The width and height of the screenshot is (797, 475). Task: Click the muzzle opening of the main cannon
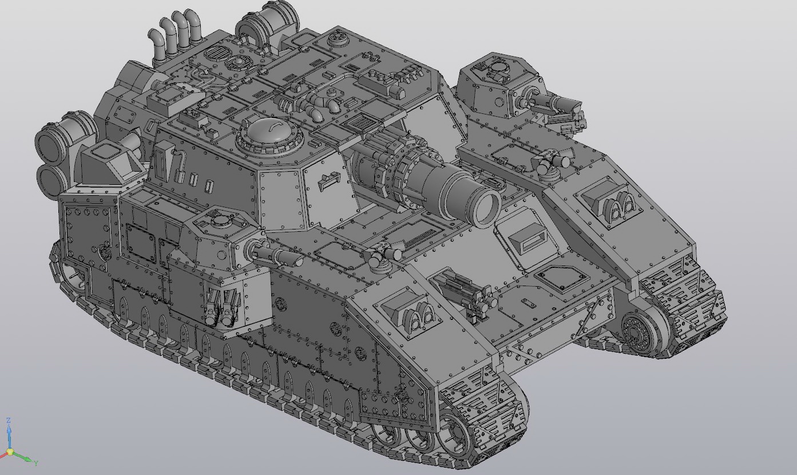[485, 207]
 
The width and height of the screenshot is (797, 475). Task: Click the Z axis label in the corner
[9, 421]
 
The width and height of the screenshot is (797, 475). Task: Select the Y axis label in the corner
[35, 463]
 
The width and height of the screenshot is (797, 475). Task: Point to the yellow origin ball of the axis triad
[10, 452]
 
